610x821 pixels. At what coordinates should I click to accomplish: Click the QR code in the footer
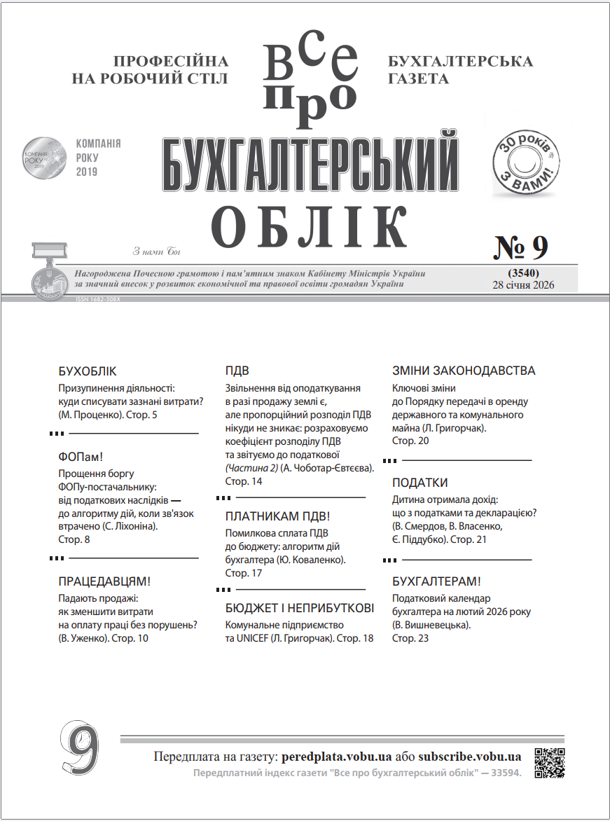coord(550,762)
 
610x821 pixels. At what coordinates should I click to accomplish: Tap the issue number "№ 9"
coord(522,247)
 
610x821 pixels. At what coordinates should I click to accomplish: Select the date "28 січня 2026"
coord(524,284)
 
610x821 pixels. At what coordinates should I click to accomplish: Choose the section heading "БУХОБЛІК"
coord(88,371)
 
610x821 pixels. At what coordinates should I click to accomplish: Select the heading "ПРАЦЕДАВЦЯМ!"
coord(104,581)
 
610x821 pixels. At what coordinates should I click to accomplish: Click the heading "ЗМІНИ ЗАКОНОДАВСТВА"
coord(464,371)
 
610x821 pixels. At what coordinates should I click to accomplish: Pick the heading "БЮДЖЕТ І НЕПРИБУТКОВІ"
coord(300,608)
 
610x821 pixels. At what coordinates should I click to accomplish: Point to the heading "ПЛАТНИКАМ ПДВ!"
coord(277,517)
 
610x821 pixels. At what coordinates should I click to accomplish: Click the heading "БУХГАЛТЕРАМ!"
coord(436,581)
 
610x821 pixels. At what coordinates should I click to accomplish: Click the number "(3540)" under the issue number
coord(523,272)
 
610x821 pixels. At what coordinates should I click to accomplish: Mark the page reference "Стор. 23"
coord(410,638)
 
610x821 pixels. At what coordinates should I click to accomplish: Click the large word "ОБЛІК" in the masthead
coord(310,227)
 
